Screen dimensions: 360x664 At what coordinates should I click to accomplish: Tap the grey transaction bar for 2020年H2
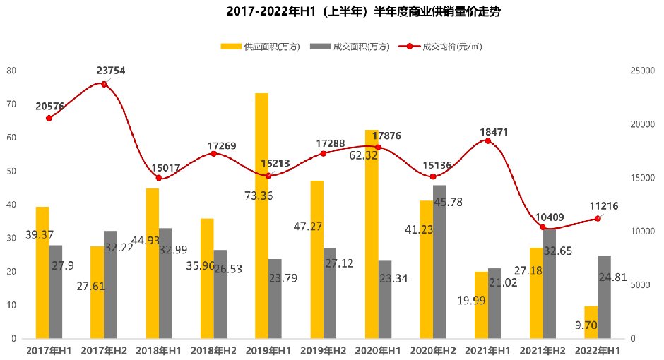[x=439, y=261]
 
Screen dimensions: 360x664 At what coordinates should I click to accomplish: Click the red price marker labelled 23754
[x=105, y=84]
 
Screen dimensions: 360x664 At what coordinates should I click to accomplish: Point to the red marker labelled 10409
[x=543, y=227]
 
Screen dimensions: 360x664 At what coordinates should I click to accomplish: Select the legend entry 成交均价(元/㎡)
[x=451, y=47]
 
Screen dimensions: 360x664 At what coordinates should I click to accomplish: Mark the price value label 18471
[x=494, y=132]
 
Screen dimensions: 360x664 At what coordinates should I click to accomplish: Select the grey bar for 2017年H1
[x=56, y=292]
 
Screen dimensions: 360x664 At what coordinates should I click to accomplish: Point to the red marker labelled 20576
[x=49, y=118]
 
